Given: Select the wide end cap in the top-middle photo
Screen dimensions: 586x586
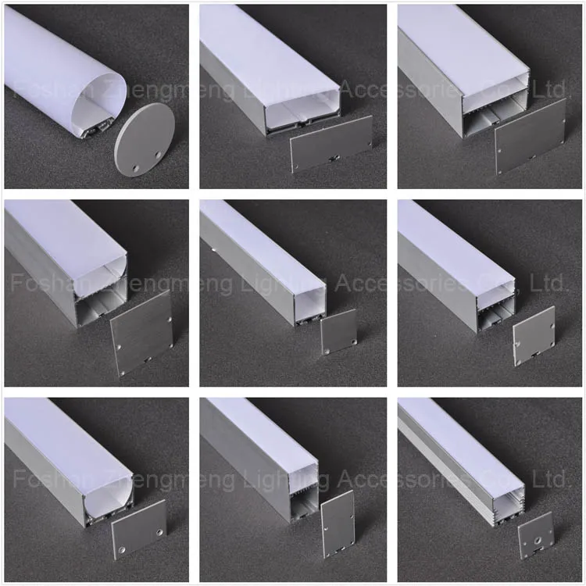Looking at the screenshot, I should coord(331,144).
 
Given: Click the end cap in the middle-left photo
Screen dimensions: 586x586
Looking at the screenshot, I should coord(141,333).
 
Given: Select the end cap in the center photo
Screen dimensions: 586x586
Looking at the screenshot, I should coord(338,331).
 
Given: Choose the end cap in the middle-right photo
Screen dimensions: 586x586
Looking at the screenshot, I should coord(534,335).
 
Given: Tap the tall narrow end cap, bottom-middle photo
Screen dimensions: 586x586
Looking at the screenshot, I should coord(338,523).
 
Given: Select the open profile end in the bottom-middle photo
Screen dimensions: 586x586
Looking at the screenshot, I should coord(303,492).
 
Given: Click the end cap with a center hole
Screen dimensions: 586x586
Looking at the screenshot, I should coord(535,535).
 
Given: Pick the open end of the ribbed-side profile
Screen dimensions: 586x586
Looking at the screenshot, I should coord(503,500).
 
